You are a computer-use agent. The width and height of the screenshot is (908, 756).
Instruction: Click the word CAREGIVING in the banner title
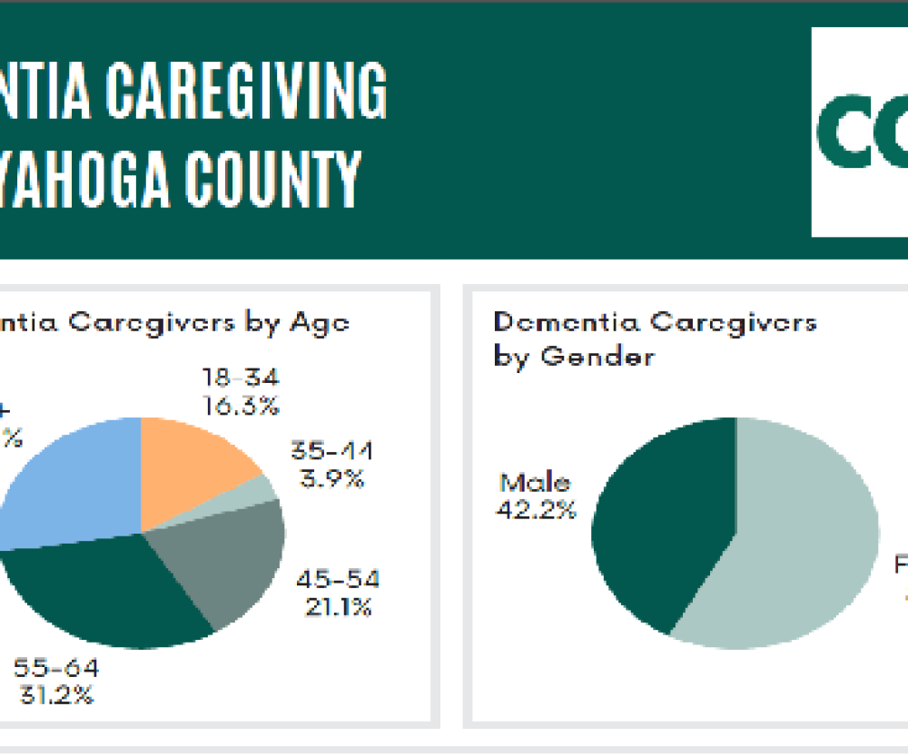coord(246,90)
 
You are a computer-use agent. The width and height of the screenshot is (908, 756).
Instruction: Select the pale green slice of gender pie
coord(799,535)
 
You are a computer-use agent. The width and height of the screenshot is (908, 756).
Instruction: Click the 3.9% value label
coord(332,478)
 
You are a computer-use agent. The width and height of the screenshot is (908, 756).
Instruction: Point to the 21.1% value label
coord(337,607)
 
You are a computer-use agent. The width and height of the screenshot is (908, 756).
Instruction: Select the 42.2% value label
coord(536,510)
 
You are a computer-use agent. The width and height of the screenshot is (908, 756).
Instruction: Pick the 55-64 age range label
coord(56,669)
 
